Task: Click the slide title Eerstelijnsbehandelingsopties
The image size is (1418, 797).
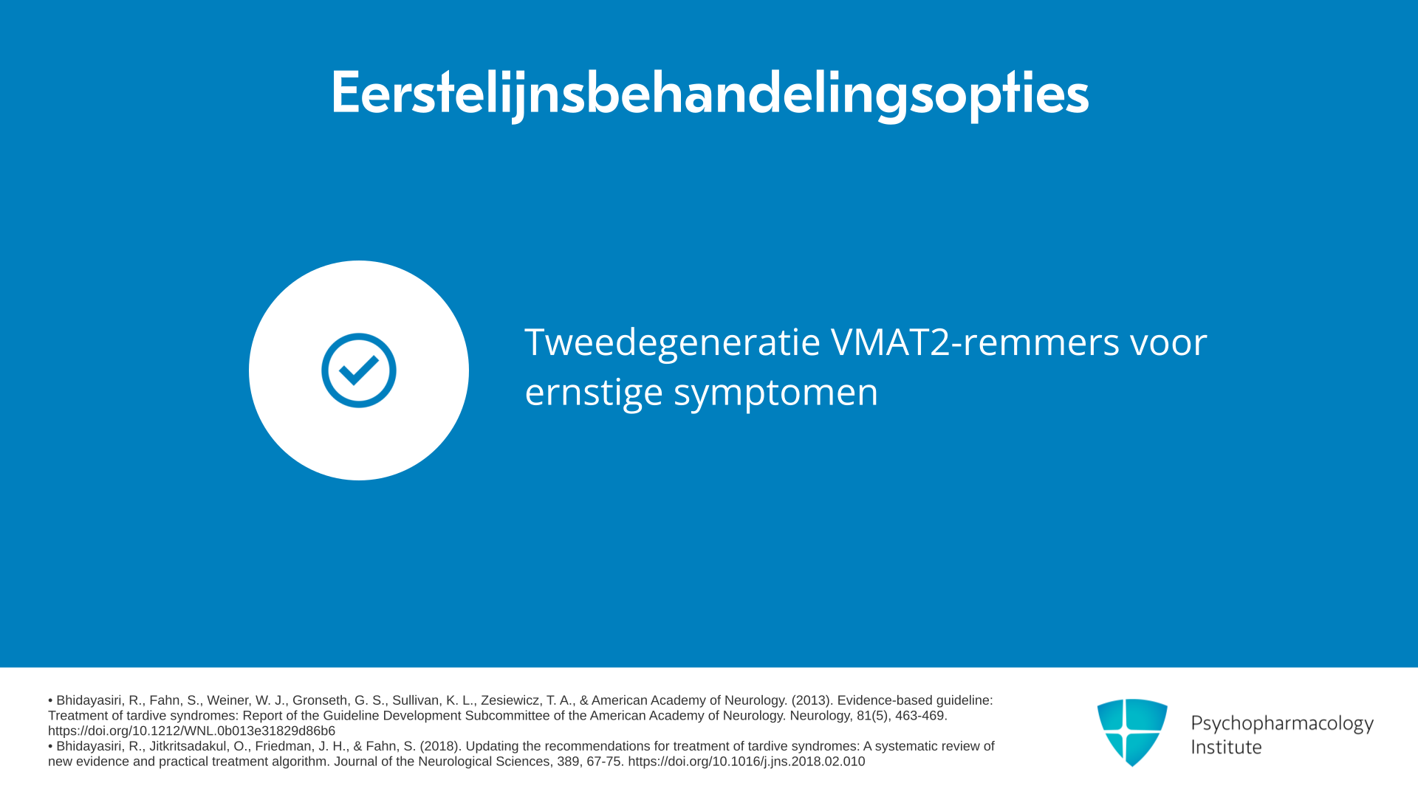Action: (x=709, y=94)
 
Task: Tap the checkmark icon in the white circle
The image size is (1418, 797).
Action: (x=359, y=370)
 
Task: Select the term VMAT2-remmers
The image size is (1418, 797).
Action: (x=975, y=342)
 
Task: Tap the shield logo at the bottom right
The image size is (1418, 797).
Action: (x=1132, y=732)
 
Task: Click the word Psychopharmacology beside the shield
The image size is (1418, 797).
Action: (x=1282, y=723)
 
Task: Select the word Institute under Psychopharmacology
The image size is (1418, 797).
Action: (x=1226, y=747)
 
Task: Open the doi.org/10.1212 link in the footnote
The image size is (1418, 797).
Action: (x=191, y=731)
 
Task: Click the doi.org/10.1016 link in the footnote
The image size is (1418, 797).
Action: (x=746, y=762)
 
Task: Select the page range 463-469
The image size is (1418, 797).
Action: (x=920, y=716)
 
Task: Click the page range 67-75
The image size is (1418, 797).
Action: (x=603, y=762)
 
